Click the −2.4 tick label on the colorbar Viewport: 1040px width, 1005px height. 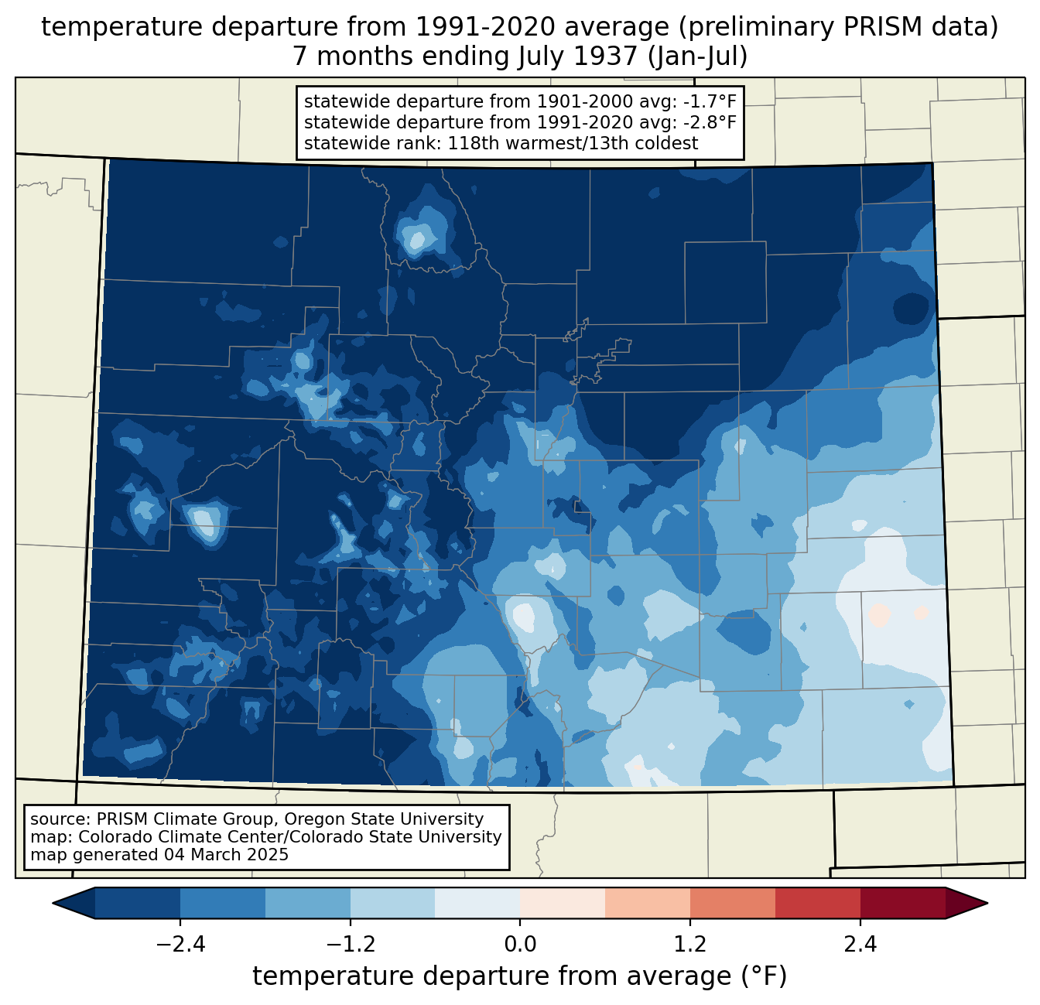(x=180, y=945)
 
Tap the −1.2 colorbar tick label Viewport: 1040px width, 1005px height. (x=350, y=945)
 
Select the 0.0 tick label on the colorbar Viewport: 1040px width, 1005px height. (x=520, y=945)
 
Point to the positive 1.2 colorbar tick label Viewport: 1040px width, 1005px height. (x=690, y=945)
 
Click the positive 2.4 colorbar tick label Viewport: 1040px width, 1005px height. (x=860, y=945)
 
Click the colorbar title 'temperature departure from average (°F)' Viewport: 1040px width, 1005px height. (x=520, y=976)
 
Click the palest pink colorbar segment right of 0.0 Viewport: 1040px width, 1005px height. (x=563, y=903)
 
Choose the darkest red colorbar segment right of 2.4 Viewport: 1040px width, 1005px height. (x=902, y=903)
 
